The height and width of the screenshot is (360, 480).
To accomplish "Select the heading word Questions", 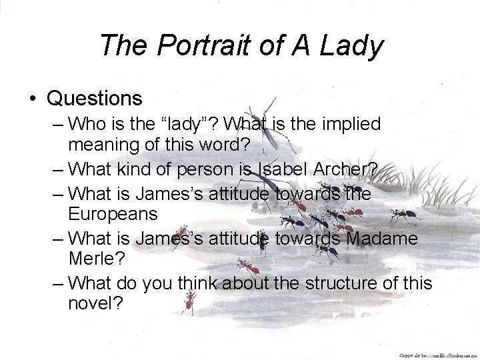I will (95, 99).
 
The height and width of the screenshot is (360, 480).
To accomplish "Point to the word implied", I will (346, 124).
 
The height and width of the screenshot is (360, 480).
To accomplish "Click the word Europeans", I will (113, 214).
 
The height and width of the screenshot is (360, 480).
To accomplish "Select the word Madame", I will (381, 239).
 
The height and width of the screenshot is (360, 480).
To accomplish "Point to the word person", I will (207, 170).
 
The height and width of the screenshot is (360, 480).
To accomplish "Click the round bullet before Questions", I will (32, 99).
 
